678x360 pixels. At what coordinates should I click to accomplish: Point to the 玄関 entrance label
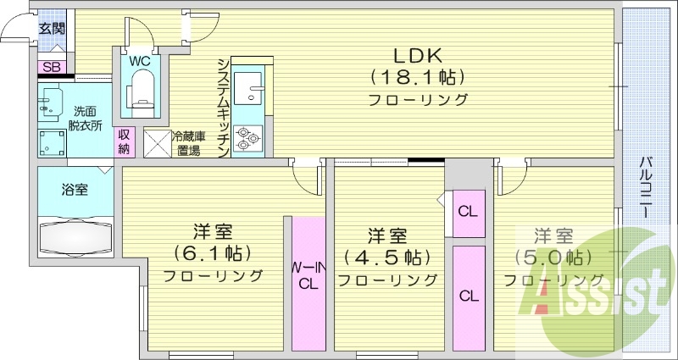pyautogui.click(x=52, y=28)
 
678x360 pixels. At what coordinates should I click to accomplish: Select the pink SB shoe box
pyautogui.click(x=51, y=66)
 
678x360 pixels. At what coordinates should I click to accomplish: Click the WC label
pyautogui.click(x=141, y=60)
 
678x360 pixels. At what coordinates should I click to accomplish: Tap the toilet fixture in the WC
pyautogui.click(x=142, y=89)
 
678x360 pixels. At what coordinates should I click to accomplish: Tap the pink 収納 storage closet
pyautogui.click(x=125, y=141)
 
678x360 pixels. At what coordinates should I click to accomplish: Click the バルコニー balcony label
pyautogui.click(x=647, y=186)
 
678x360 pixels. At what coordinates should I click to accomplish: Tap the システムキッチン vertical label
pyautogui.click(x=222, y=106)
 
